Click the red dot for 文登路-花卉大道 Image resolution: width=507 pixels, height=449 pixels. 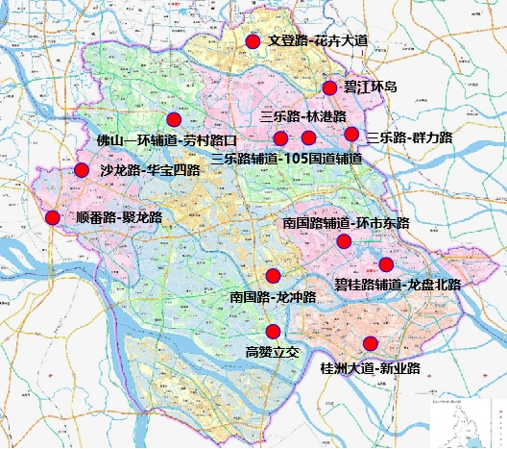(253, 41)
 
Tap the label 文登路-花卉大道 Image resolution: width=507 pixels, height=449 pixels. (317, 42)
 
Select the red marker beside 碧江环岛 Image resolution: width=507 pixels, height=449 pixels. (329, 88)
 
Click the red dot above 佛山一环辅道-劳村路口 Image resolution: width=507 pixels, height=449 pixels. (174, 120)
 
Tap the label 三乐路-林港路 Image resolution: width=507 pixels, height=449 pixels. (303, 116)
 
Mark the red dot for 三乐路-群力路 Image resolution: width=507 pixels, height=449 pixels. (351, 135)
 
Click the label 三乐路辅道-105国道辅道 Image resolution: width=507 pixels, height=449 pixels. (286, 158)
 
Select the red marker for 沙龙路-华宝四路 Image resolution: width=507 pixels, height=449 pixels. (82, 171)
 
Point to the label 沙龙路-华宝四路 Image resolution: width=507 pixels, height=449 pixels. (150, 171)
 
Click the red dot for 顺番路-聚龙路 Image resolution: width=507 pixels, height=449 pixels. (53, 218)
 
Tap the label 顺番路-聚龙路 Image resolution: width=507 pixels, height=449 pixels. (119, 218)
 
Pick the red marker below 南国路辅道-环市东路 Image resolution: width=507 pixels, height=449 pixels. (343, 241)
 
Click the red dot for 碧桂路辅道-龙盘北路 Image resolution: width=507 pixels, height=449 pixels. (386, 264)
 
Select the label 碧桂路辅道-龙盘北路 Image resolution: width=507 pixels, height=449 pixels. (398, 286)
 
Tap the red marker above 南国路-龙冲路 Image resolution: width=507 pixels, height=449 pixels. (274, 275)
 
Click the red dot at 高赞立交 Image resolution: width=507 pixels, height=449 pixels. (273, 332)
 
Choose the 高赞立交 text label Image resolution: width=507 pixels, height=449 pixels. (273, 352)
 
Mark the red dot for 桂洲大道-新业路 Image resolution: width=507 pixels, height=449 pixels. (371, 345)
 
